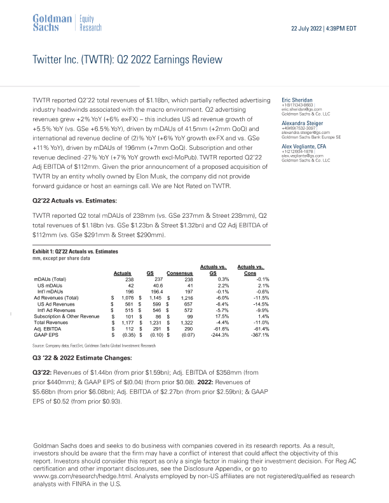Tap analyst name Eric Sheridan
pos(299,100)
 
